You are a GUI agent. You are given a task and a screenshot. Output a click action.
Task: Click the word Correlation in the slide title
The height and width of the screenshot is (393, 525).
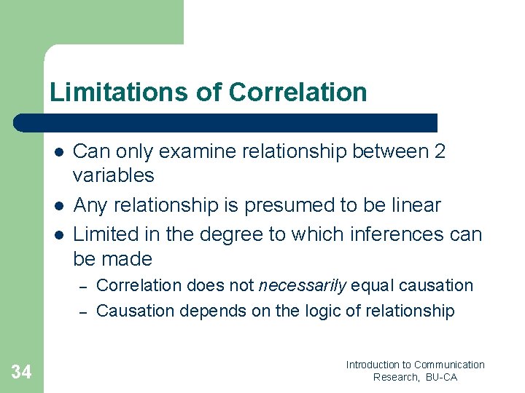pyautogui.click(x=297, y=92)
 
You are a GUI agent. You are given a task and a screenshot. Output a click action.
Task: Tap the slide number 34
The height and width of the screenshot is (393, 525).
pyautogui.click(x=21, y=373)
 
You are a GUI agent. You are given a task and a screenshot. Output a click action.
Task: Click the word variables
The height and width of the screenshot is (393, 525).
pyautogui.click(x=114, y=175)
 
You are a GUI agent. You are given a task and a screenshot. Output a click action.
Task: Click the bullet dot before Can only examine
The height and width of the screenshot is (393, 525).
pyautogui.click(x=58, y=152)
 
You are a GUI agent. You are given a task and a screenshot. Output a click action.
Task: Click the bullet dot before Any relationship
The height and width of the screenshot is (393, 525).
pyautogui.click(x=58, y=206)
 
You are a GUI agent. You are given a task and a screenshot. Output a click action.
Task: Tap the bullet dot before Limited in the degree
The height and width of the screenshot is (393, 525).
pyautogui.click(x=58, y=235)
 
